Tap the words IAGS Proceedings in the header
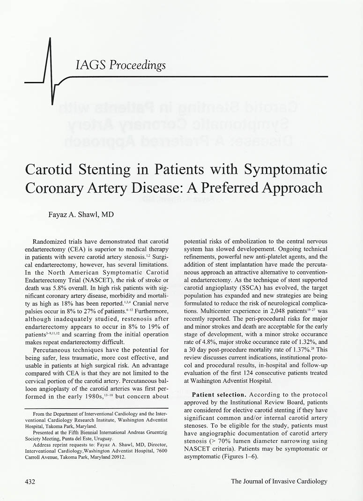tap(120, 65)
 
